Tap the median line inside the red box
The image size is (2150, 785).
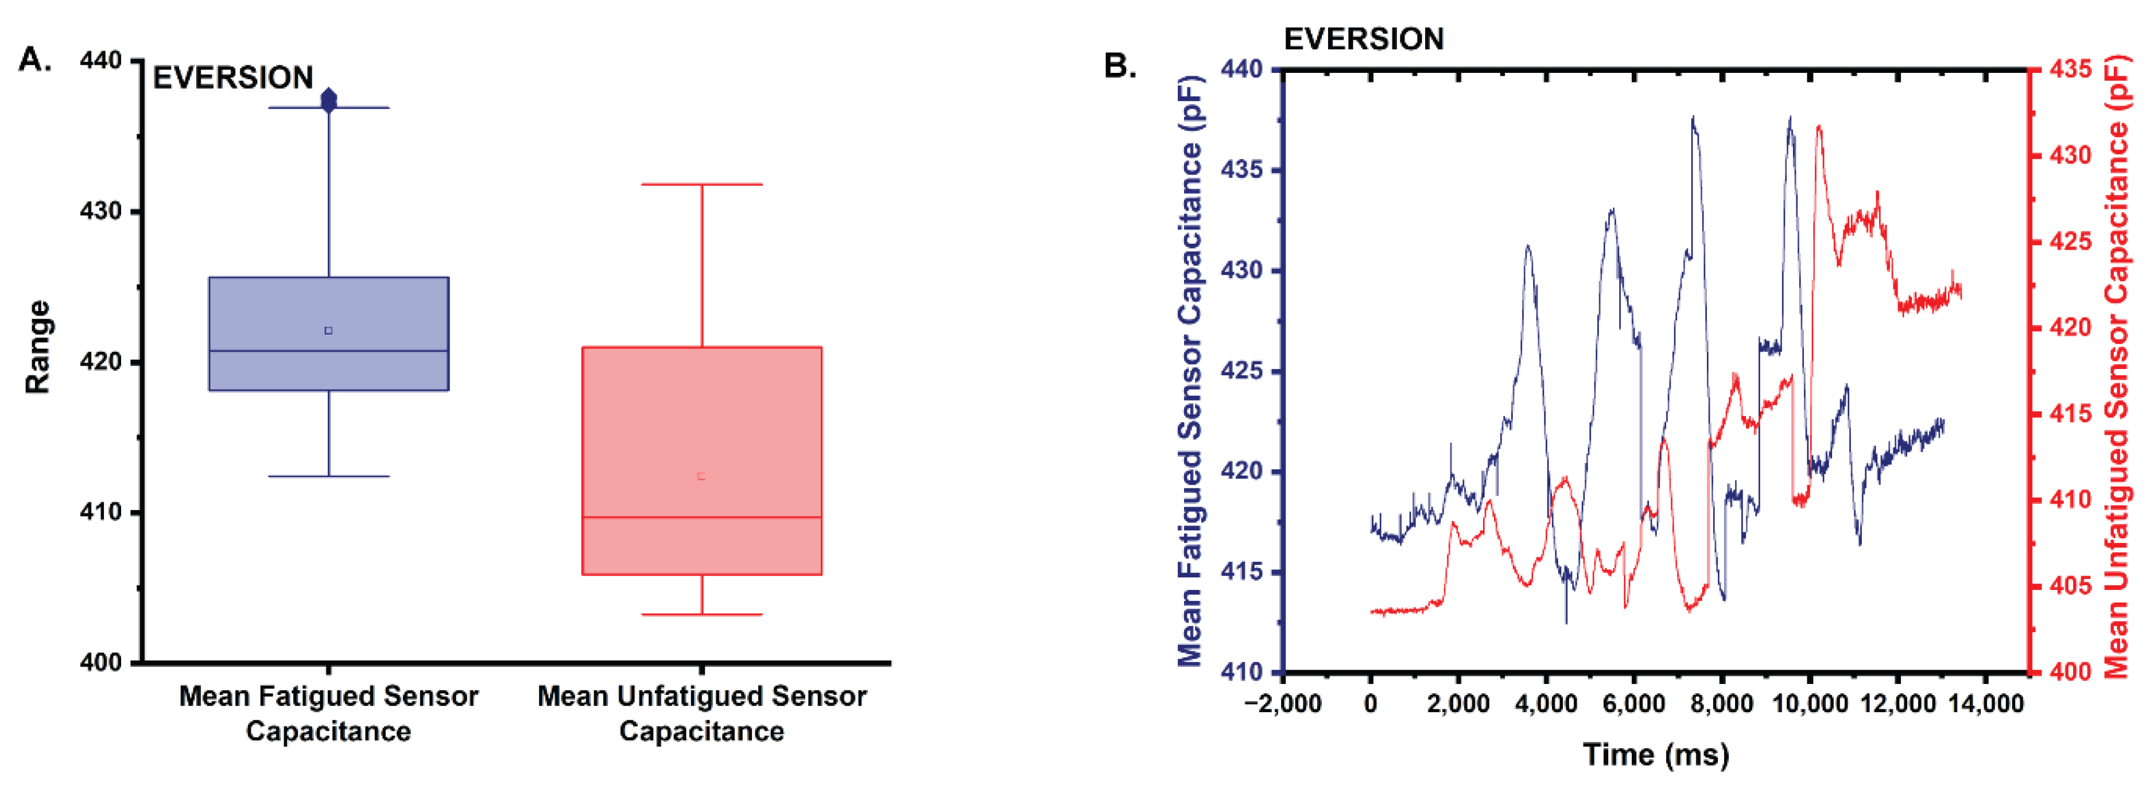(702, 517)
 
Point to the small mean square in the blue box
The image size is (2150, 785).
(329, 331)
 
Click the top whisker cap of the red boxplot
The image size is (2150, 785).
(702, 184)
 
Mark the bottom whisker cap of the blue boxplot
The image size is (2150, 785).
(329, 476)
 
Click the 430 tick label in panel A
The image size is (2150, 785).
(100, 212)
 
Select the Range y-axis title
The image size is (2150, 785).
(37, 347)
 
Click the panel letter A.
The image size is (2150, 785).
(35, 60)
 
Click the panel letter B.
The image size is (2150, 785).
(1120, 66)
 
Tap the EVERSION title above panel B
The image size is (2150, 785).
(1363, 39)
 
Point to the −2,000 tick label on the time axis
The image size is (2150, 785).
(1283, 704)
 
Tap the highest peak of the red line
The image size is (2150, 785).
(1819, 127)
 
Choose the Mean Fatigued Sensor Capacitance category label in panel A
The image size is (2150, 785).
(329, 713)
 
